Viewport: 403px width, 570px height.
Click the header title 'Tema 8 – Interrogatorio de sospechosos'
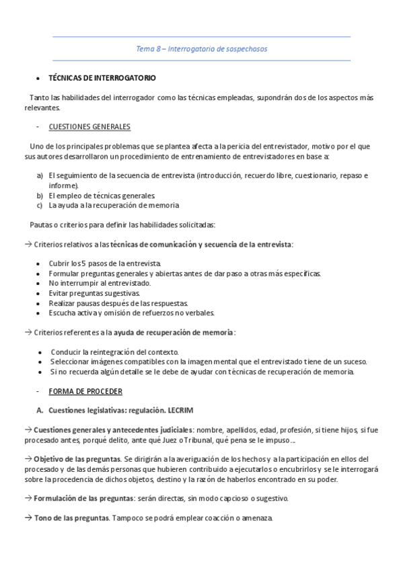(202, 48)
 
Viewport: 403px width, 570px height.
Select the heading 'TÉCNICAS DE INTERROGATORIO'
(102, 78)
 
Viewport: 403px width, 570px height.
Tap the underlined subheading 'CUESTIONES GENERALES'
(89, 127)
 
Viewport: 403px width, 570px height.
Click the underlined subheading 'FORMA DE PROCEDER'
(85, 391)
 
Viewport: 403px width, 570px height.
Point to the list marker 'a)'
(40, 176)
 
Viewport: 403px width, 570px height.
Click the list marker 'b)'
(40, 195)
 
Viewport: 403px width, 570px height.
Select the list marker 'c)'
(40, 205)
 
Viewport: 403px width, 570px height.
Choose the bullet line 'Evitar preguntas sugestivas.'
(94, 293)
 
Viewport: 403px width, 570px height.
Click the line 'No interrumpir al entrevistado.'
(100, 283)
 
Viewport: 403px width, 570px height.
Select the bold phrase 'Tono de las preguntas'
(71, 518)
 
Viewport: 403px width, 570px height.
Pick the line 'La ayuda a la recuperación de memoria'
(114, 205)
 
